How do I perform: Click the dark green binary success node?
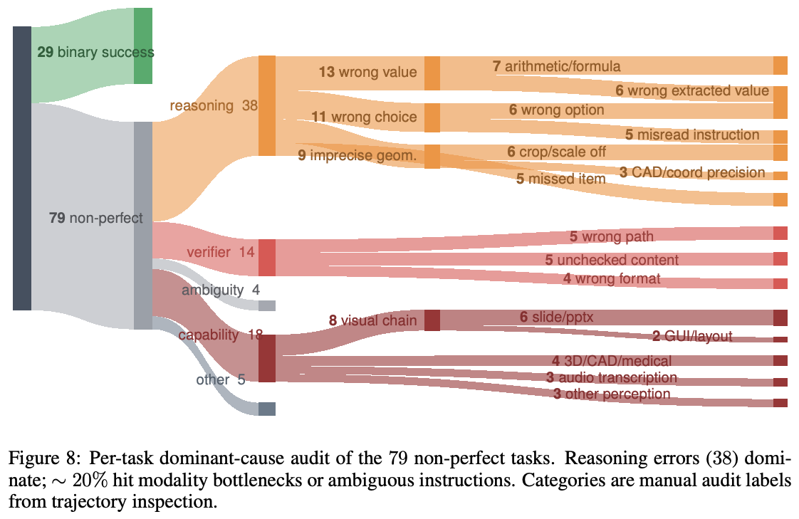142,46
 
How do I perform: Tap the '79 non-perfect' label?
96,218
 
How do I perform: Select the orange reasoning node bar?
267,105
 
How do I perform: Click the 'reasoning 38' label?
214,105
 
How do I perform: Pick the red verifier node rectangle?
267,258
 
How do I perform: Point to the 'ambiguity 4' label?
221,290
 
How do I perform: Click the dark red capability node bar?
267,358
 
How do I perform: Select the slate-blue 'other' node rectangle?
267,409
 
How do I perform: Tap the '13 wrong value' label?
368,72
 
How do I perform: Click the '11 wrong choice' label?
365,117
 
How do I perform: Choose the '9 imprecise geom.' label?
357,154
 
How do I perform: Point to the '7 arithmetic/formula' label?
556,66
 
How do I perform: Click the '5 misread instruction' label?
692,135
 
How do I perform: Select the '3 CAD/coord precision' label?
692,172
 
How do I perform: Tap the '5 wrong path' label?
612,236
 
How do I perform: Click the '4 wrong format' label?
612,278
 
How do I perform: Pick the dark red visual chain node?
432,320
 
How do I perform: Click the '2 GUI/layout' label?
692,335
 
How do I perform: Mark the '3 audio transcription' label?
612,377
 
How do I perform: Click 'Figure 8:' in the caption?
44,458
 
